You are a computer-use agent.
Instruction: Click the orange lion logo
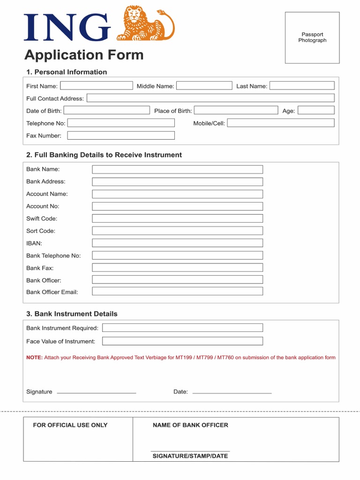[145, 23]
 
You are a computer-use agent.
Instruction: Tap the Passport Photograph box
[312, 37]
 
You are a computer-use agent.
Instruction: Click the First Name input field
[97, 86]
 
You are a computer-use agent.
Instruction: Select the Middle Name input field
[204, 86]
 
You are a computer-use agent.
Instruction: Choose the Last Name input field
[302, 86]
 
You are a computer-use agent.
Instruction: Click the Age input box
[316, 111]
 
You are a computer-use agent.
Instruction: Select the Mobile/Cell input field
[281, 123]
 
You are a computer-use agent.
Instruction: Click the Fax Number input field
[121, 135]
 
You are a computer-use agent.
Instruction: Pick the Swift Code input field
[177, 218]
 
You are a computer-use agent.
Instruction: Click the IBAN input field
[177, 243]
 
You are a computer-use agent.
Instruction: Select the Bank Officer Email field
[177, 292]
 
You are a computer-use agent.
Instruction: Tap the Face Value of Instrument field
[182, 341]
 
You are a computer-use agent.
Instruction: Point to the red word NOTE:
[34, 358]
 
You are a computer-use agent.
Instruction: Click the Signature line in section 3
[96, 392]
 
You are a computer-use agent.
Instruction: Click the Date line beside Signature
[232, 392]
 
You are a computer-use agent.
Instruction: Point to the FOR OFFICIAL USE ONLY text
[70, 425]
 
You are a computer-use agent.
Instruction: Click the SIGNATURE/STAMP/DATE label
[190, 456]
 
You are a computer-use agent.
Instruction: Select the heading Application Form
[84, 55]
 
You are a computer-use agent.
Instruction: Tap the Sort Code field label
[41, 231]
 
